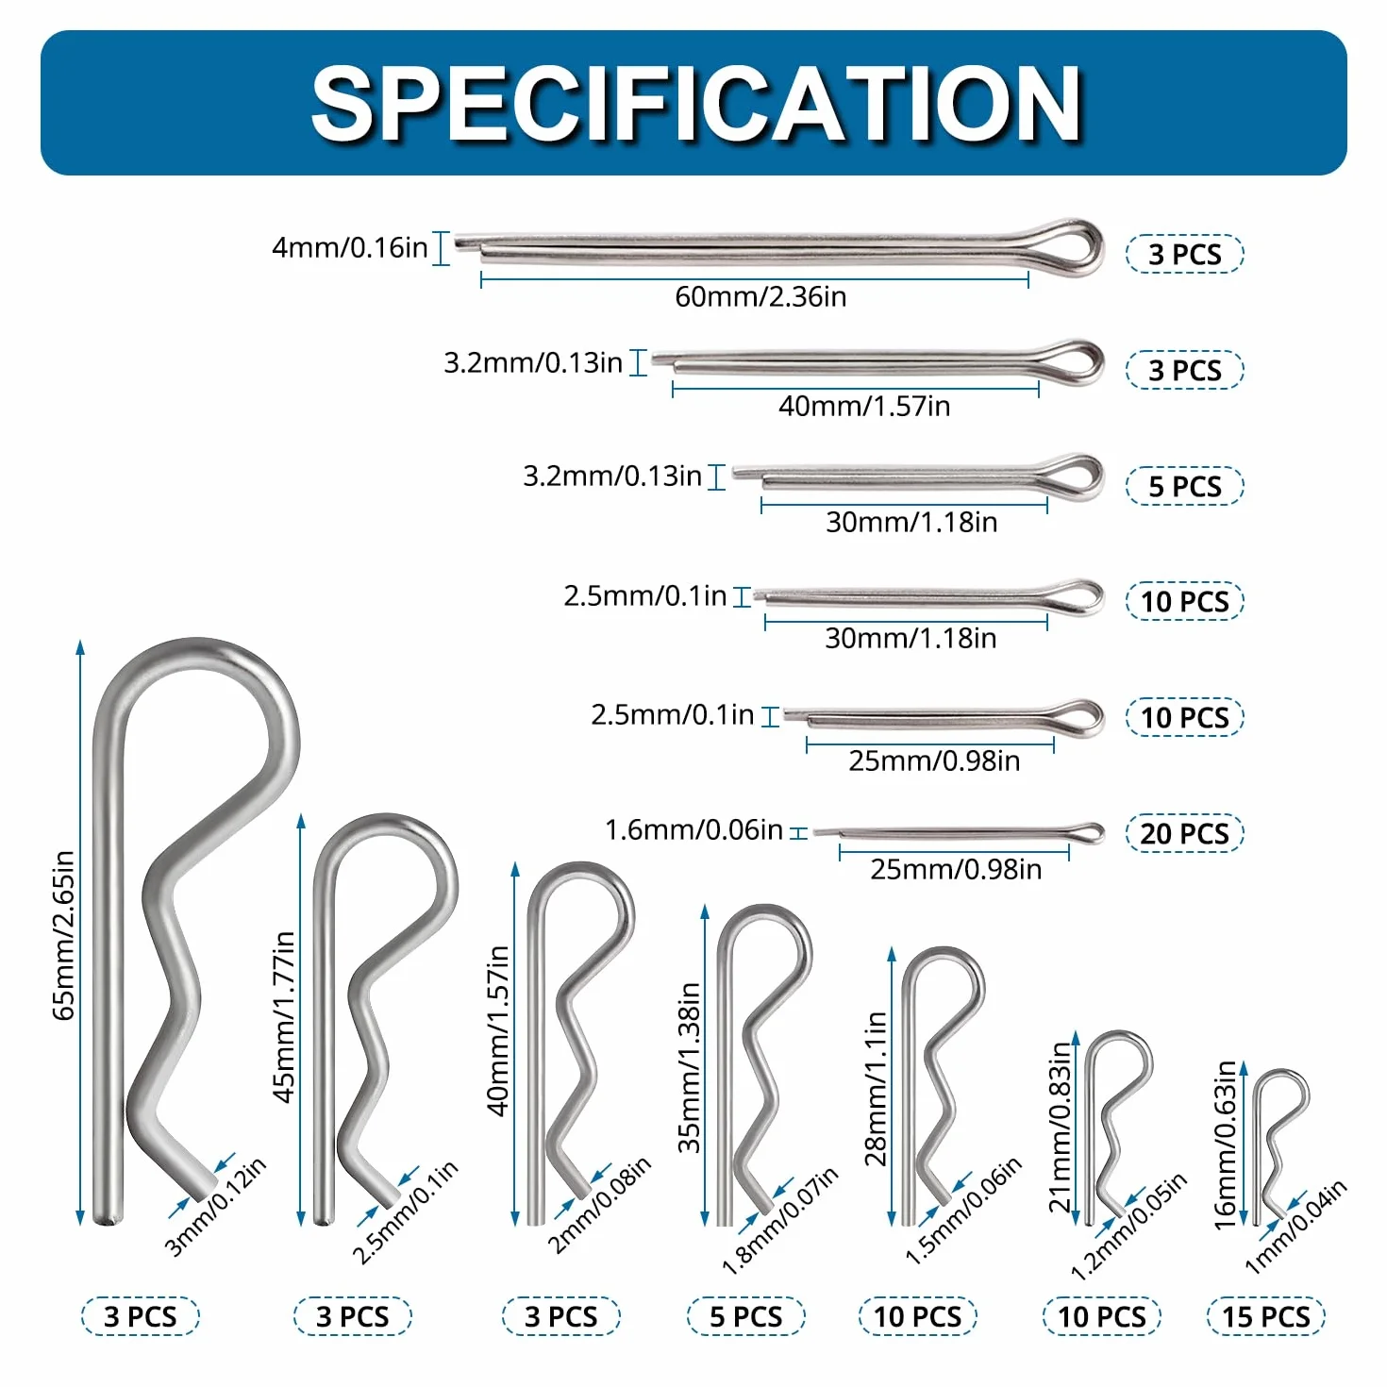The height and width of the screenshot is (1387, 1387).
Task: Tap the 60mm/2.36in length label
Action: (760, 296)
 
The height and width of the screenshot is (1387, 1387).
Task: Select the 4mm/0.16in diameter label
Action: (349, 247)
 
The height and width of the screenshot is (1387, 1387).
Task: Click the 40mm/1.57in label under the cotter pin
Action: (863, 406)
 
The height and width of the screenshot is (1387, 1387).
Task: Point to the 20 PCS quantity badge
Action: (1184, 833)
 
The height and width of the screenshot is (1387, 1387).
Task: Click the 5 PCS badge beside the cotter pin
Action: (1184, 486)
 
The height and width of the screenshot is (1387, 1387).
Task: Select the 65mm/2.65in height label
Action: (63, 935)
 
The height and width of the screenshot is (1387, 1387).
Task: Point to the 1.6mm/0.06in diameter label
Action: (693, 830)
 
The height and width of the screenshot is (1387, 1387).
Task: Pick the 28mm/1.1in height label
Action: (876, 1088)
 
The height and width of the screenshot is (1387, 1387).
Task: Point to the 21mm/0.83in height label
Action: (1061, 1127)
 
